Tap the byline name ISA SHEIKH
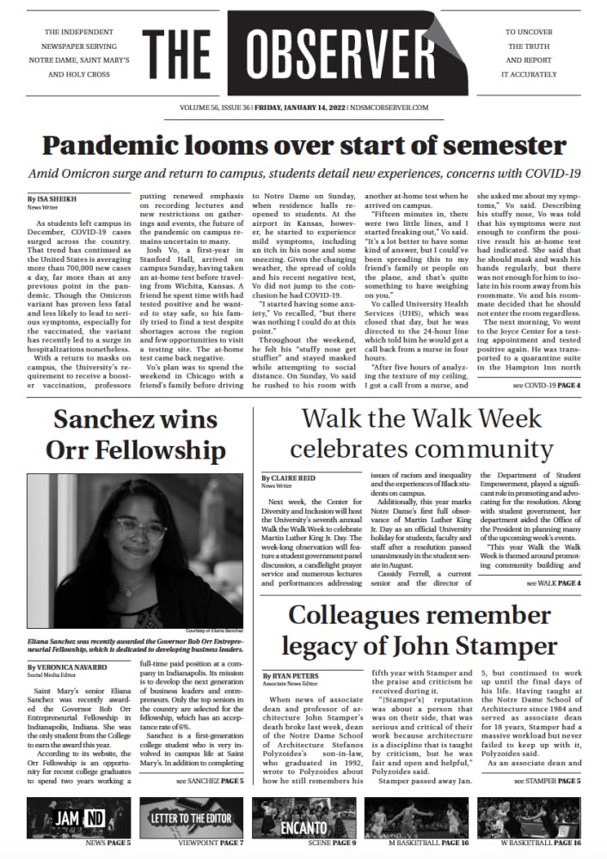(x=51, y=198)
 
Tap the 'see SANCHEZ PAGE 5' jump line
(x=210, y=782)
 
